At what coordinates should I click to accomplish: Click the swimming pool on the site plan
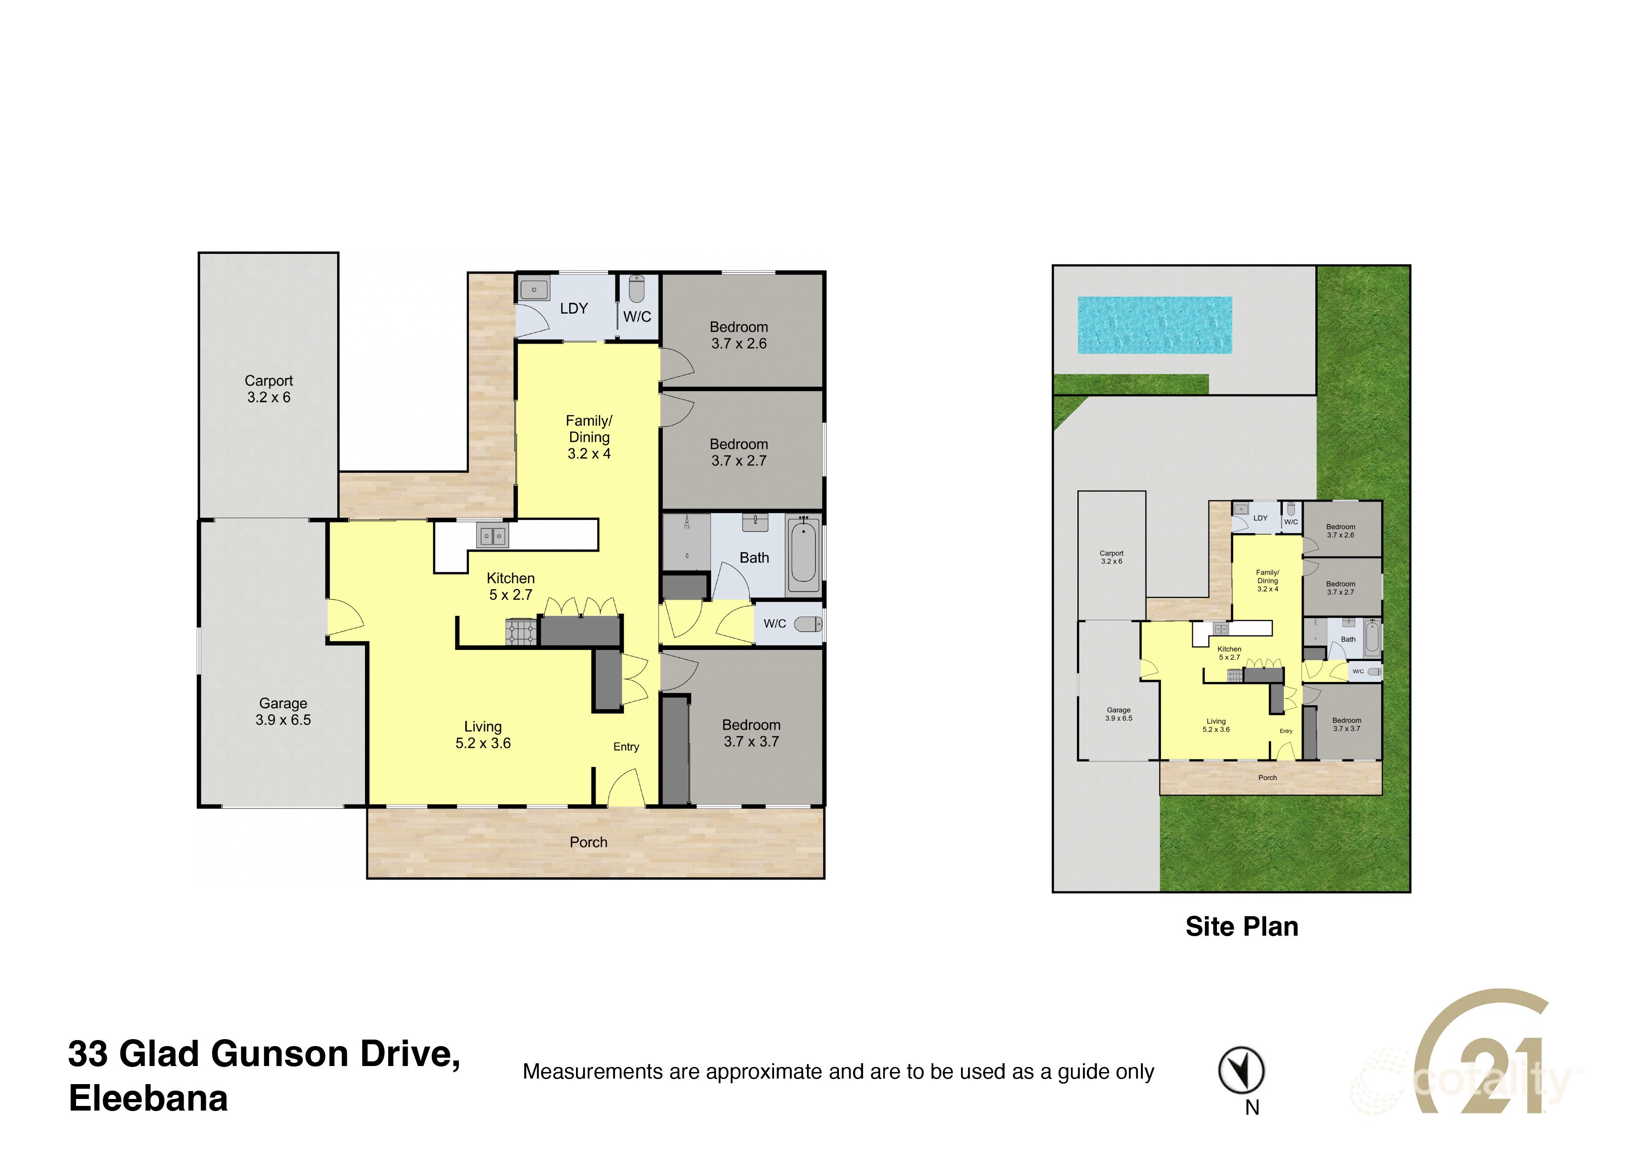click(x=1154, y=325)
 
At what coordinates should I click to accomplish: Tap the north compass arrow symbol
click(x=1241, y=1070)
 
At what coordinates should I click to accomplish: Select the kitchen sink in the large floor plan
click(x=492, y=536)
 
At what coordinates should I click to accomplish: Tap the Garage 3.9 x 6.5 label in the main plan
click(x=283, y=712)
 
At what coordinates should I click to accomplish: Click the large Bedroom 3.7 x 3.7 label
click(x=751, y=732)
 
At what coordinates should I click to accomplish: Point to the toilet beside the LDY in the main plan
click(x=636, y=289)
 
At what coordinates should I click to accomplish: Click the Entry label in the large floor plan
click(x=626, y=746)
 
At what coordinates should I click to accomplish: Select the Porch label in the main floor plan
click(x=588, y=842)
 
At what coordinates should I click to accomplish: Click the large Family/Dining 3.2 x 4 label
click(x=589, y=437)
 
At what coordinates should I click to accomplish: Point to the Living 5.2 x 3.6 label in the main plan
click(x=482, y=735)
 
